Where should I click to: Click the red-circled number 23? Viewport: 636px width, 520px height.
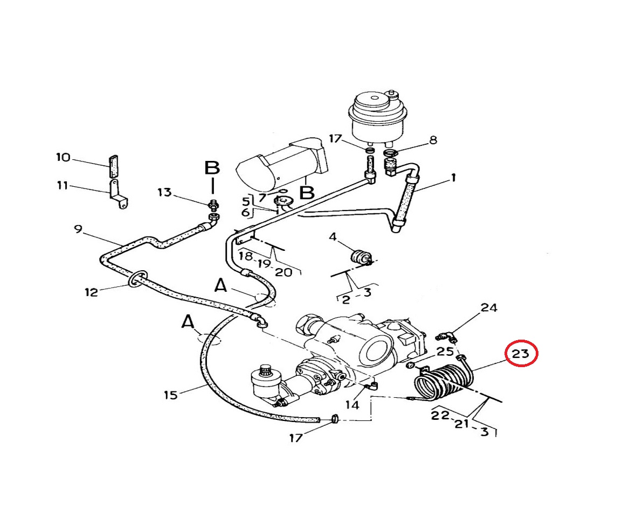521,354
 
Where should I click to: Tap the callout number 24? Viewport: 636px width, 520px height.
489,308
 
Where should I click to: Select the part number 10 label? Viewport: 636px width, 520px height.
63,157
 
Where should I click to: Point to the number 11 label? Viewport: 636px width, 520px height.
63,186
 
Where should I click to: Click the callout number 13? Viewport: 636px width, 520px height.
164,193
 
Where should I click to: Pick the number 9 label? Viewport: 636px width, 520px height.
78,229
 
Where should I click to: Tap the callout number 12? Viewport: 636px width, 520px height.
91,292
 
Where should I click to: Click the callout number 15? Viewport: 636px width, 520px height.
170,396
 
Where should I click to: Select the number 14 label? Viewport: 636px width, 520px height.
352,404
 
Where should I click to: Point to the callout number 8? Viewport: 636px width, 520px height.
432,141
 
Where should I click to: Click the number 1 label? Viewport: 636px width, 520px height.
453,177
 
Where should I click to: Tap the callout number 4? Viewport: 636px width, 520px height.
333,236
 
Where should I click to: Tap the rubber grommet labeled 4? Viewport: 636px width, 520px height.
360,257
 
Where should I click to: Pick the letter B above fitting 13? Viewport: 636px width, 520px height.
212,168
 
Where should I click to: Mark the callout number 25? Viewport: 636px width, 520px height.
445,352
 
